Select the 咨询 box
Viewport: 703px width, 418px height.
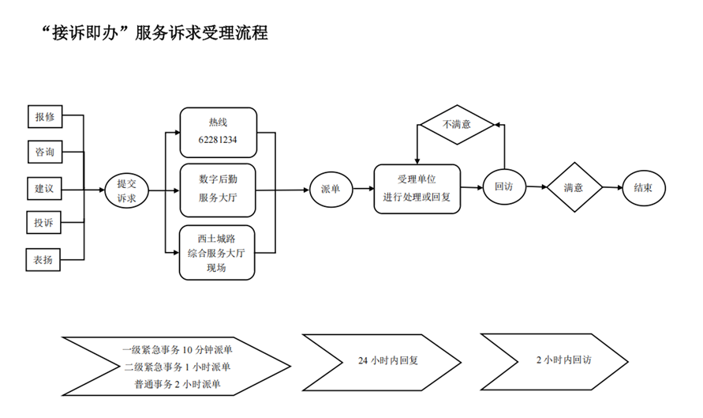pos(44,151)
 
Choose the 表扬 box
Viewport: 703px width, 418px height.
pos(44,259)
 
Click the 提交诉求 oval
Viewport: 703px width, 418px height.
pos(126,190)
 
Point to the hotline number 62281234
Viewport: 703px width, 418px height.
pos(218,140)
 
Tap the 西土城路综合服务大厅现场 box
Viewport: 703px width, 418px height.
pos(218,253)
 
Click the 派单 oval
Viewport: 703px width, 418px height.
pos(330,189)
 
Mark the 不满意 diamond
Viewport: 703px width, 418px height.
pos(455,124)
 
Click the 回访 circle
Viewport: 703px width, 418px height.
pos(503,187)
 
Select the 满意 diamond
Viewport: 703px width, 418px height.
pos(574,188)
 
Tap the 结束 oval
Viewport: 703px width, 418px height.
pos(642,188)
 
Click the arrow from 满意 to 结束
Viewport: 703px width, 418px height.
pos(611,188)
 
